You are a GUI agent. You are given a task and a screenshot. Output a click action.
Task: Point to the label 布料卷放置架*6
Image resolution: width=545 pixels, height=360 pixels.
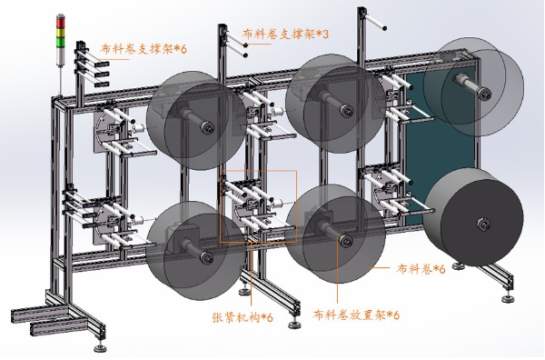[356, 315]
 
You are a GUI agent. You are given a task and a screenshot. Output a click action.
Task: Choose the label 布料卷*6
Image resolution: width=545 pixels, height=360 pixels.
[421, 269]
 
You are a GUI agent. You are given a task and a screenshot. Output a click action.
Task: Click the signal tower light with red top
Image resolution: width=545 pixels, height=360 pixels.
[62, 40]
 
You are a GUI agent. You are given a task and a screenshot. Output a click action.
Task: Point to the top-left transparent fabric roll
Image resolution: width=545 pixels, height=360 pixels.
[193, 116]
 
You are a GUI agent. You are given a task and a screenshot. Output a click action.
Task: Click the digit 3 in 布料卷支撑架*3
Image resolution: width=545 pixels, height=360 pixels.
[324, 35]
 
